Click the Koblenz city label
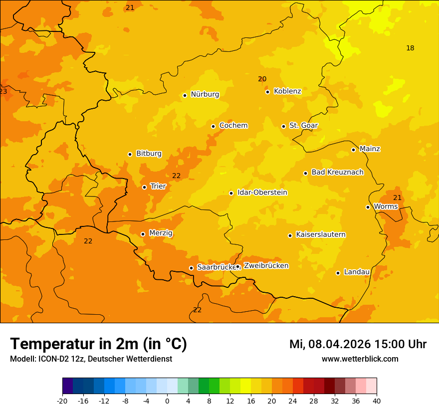coord(287,91)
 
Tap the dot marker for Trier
coord(144,187)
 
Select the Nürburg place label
coord(205,94)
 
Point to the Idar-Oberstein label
coord(262,193)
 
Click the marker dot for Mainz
coord(353,150)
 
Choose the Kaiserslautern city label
coord(321,234)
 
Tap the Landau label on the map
coord(357,272)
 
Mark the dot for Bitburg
coord(130,154)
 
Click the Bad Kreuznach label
coord(337,172)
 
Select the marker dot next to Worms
coord(368,207)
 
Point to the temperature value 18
coord(410,48)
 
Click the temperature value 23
coord(3,92)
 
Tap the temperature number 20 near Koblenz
coord(262,79)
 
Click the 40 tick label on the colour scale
coord(377,401)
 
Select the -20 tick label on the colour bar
coord(62,401)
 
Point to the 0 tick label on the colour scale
coord(167,401)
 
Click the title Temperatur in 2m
coord(98,344)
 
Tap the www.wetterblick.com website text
coord(360,359)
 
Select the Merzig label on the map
coord(161,233)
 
